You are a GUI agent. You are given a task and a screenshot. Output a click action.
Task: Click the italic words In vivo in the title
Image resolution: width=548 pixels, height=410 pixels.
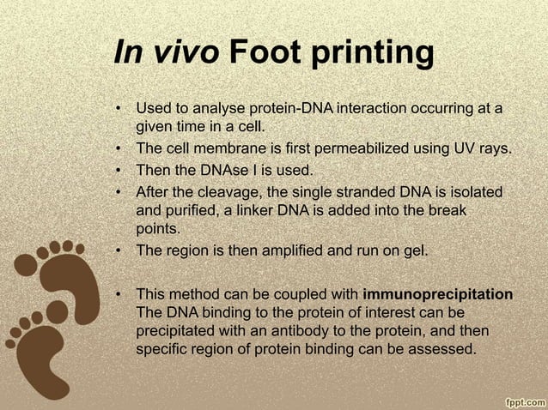[x=165, y=53]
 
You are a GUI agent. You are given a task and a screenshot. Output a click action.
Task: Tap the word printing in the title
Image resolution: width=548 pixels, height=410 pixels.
[x=371, y=55]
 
